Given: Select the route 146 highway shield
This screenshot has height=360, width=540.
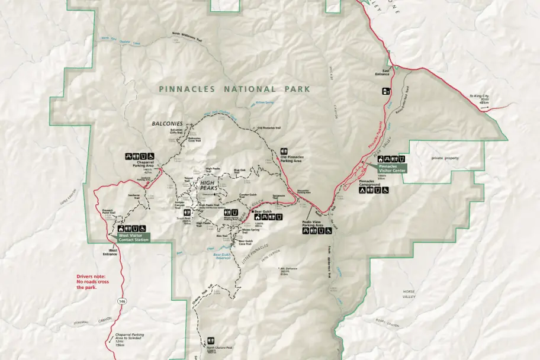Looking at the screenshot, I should click(x=122, y=301).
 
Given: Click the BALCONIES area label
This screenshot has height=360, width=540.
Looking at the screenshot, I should click(x=168, y=124).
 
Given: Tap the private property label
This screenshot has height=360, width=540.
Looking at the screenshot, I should click(x=445, y=158).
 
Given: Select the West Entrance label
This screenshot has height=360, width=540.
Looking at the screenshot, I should click(x=110, y=253).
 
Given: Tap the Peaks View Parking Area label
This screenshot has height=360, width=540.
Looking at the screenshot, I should click(x=311, y=224).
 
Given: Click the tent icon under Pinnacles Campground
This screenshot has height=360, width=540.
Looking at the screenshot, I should click(x=369, y=190).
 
